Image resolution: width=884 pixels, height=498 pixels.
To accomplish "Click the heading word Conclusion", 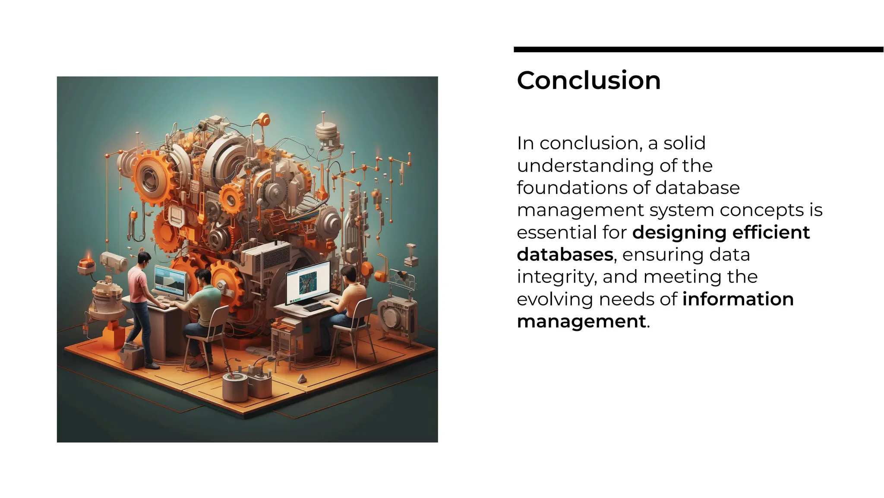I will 588,80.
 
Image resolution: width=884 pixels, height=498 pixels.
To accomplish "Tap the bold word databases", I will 565,254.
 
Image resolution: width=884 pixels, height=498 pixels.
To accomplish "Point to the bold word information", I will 738,299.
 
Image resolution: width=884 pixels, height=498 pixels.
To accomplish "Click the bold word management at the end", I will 581,321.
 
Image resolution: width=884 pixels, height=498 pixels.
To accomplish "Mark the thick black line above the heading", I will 698,50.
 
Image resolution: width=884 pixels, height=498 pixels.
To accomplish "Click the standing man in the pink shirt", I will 140,302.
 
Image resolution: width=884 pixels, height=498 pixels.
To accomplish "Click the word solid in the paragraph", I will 684,143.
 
